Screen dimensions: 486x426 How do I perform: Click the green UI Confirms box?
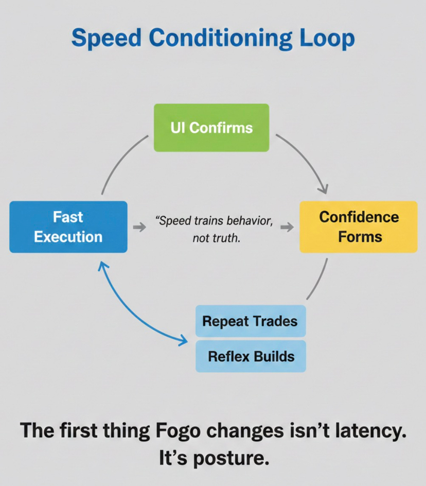pos(211,128)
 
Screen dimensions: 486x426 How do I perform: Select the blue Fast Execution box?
pos(68,227)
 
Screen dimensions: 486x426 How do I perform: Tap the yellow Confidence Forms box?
pos(359,227)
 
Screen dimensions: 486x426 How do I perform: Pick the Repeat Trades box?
pos(250,321)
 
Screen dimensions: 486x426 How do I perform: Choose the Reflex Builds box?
pos(251,356)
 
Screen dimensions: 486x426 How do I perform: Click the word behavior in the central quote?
pos(244,221)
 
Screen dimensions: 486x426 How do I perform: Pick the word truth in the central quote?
pos(225,238)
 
